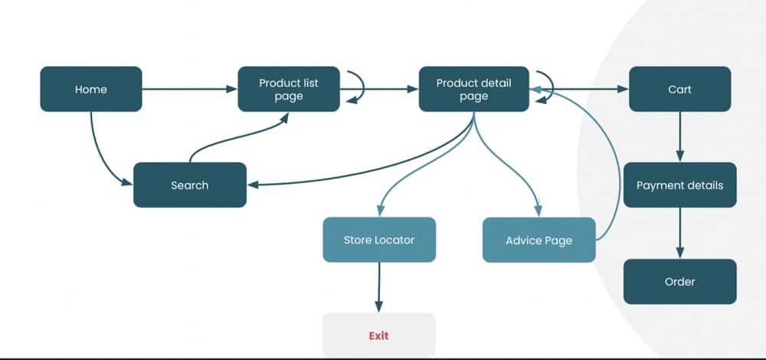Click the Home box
(x=90, y=89)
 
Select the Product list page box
(x=289, y=89)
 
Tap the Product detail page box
(x=473, y=89)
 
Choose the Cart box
(x=679, y=89)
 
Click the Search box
(x=189, y=185)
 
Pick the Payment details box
(x=679, y=185)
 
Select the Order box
(x=679, y=281)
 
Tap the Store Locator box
(x=378, y=240)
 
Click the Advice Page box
(x=538, y=240)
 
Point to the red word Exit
(x=378, y=335)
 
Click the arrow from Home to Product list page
(x=189, y=89)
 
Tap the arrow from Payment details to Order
(x=679, y=233)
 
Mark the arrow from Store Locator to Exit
(x=378, y=287)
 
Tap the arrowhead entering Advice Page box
(x=538, y=212)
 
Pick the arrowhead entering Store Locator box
(x=380, y=212)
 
